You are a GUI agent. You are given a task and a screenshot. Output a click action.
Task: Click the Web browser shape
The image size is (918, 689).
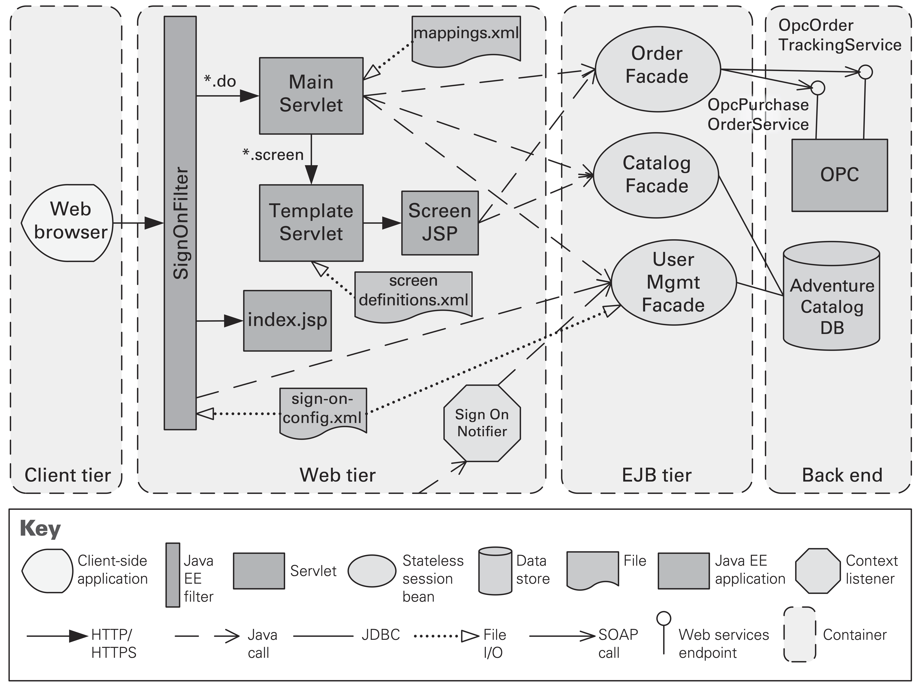pos(68,223)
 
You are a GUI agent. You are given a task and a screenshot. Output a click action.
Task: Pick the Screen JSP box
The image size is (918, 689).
pos(440,223)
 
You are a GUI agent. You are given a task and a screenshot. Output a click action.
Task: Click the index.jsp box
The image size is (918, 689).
pos(287,320)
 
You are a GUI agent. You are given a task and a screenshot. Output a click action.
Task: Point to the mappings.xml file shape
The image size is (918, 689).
pos(466,39)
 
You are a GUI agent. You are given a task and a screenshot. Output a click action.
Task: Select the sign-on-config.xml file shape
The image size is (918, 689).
pos(323,411)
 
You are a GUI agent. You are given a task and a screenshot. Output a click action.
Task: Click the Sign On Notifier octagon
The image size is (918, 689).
pos(482,423)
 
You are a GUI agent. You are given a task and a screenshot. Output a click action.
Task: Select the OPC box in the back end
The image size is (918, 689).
pos(839,175)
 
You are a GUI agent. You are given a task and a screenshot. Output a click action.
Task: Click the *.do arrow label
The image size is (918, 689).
pos(220,81)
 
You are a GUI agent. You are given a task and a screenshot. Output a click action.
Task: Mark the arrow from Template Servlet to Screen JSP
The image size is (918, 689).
pos(382,223)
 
